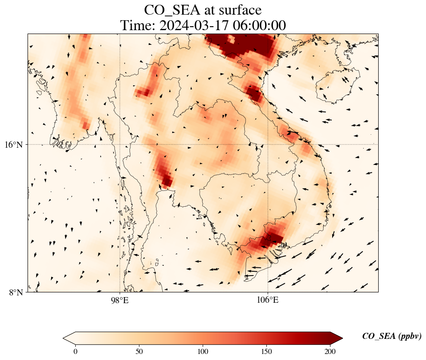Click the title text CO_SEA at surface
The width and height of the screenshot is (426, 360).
point(203,9)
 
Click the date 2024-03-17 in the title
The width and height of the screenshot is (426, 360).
point(194,26)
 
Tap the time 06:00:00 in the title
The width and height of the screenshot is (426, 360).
point(259,26)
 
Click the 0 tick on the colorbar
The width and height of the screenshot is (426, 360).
point(76,351)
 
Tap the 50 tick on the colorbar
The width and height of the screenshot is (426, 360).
point(139,351)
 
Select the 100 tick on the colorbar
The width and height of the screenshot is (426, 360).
point(203,351)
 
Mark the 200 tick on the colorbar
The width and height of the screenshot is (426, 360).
point(330,351)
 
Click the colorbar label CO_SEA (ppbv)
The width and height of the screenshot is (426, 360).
point(392,336)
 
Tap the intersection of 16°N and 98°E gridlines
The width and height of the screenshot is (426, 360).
point(120,144)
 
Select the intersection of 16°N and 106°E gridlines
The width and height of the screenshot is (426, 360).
point(268,144)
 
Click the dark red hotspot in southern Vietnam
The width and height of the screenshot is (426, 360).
point(270,238)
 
